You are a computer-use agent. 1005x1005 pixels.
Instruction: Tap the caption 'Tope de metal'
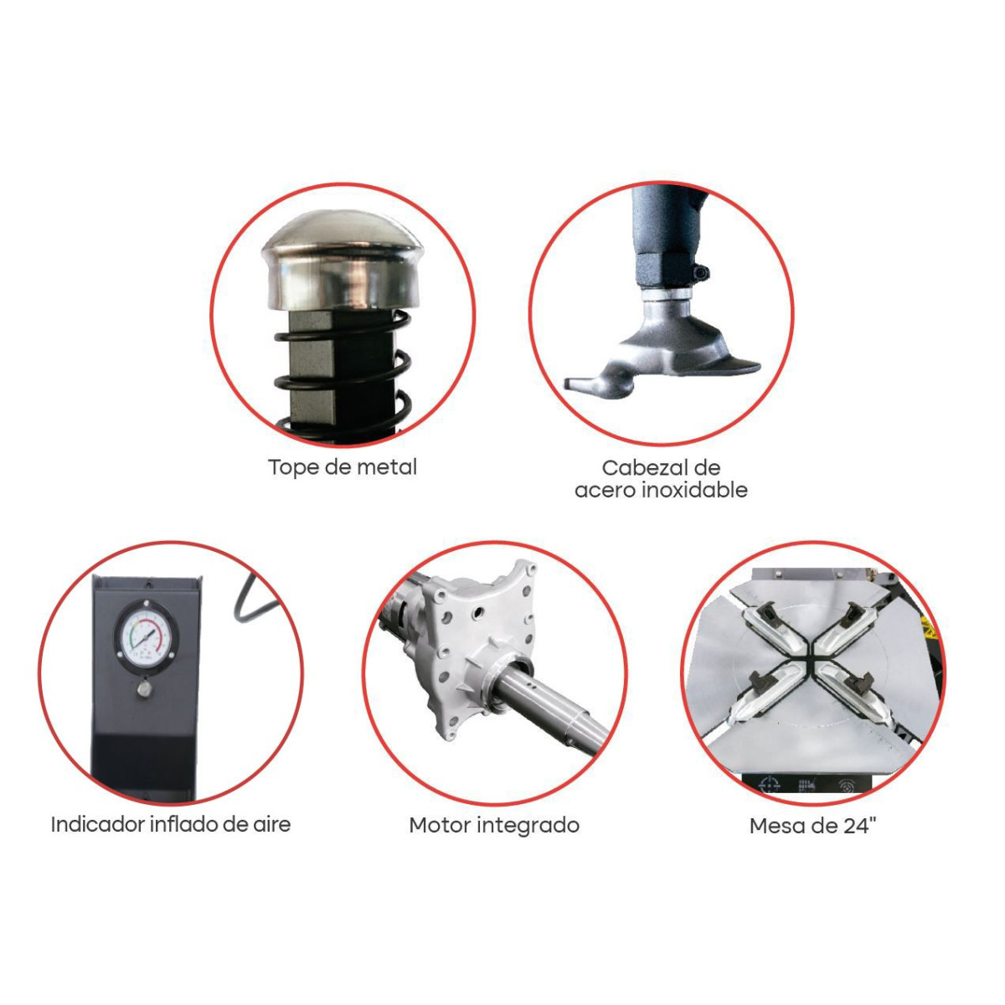(343, 467)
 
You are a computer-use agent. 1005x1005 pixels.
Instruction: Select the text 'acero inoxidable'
(661, 490)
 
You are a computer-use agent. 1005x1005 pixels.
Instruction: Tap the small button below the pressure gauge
(145, 689)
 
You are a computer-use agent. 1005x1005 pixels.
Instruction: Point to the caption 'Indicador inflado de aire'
(171, 825)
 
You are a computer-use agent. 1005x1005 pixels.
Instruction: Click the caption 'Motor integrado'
(494, 826)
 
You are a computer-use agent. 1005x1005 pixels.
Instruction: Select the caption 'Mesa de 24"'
(813, 826)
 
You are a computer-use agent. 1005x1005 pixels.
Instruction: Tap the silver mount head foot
(662, 354)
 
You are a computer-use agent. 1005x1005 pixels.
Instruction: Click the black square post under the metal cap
(342, 375)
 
